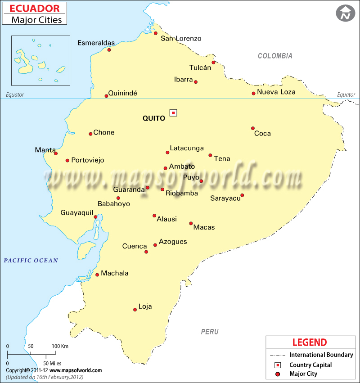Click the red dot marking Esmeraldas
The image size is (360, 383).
coord(109,50)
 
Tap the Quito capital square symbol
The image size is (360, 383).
coord(173,113)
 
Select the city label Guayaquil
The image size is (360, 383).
coord(77,212)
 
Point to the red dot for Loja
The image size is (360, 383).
coord(135,310)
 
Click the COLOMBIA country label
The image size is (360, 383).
coord(275,56)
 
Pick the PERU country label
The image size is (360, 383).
coord(210,332)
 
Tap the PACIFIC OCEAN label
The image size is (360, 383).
coord(31,260)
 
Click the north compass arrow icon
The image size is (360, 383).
coord(345,13)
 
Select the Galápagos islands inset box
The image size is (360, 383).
coord(41,60)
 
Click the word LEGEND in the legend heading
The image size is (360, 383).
coord(310,342)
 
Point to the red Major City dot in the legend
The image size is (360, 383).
coord(278,374)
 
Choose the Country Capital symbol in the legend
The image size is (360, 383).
coord(278,365)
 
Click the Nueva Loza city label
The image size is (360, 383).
coord(276,92)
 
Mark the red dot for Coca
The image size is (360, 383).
coord(253,128)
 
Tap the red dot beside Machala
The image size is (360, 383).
coord(97,275)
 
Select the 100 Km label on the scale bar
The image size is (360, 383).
coord(60,346)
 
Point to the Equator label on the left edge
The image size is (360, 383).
coord(15,95)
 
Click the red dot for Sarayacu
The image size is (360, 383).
coord(242,195)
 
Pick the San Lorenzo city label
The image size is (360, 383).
coord(181,38)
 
